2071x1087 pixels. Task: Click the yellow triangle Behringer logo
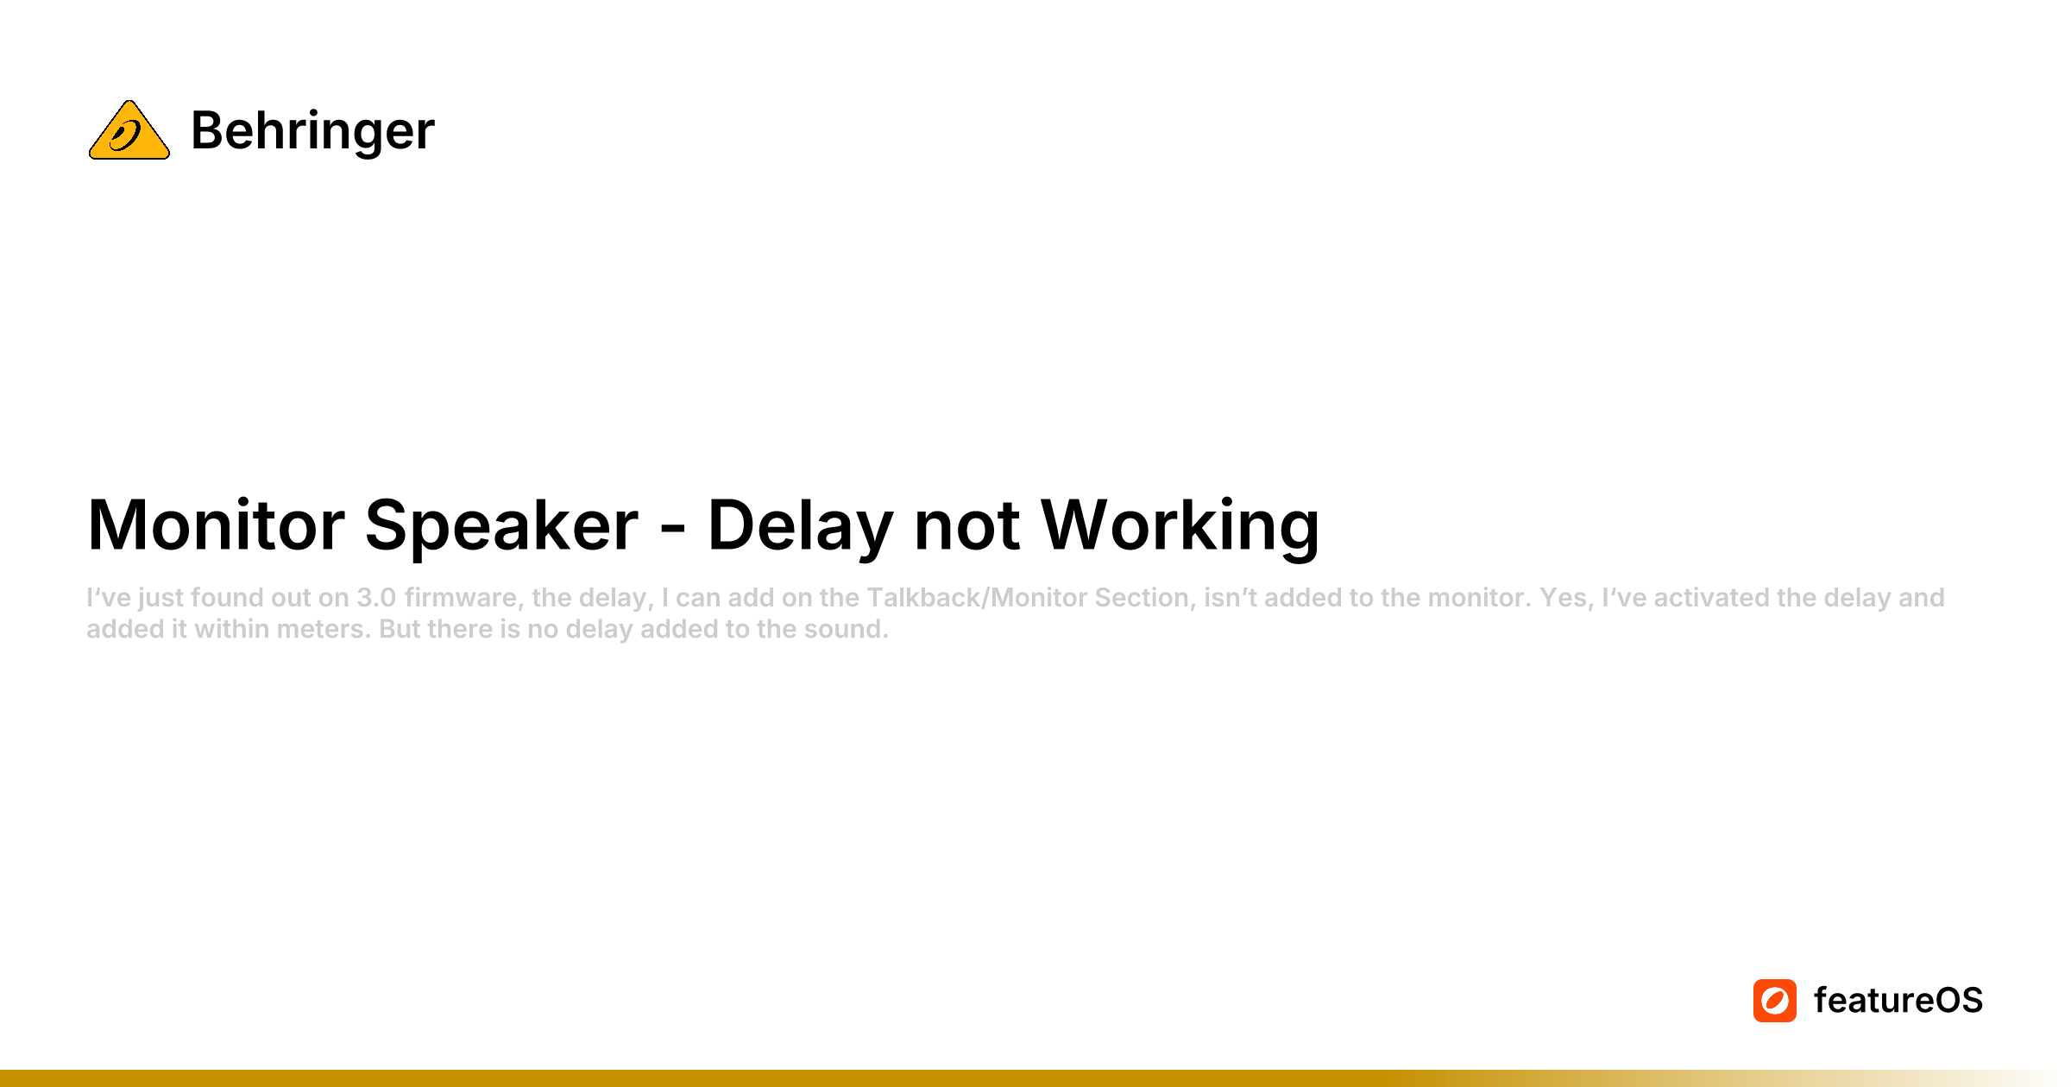129,130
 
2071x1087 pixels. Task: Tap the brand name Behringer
312,131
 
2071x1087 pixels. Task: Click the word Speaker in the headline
501,525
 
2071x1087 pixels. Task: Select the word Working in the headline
1180,525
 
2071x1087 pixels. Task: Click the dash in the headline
673,528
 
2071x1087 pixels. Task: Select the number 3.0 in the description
376,598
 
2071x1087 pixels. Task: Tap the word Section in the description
1145,598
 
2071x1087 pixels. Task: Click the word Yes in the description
1563,598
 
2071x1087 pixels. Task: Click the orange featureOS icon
1775,1001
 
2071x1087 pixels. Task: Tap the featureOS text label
1898,1001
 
